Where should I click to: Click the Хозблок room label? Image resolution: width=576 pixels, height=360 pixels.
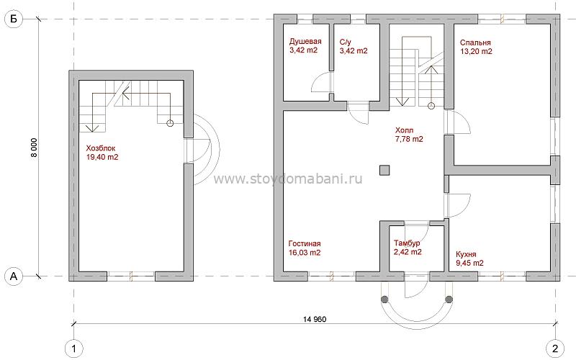tap(101, 148)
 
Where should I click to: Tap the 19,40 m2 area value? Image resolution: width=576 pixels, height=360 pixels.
tap(102, 158)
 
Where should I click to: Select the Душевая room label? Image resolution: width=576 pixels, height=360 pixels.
tap(305, 42)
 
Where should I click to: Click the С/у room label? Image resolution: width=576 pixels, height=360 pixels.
tap(346, 42)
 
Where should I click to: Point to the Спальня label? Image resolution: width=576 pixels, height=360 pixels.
tap(475, 42)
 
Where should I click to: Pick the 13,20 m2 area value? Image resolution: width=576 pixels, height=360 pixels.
tap(476, 51)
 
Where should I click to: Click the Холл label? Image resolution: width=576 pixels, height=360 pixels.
tap(404, 130)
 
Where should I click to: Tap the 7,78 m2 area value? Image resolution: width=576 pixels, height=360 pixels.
tap(409, 139)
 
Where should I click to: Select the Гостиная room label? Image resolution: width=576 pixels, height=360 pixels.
tap(305, 243)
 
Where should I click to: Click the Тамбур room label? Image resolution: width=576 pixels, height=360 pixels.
tap(407, 243)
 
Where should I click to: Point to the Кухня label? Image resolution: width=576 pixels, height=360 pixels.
tap(466, 254)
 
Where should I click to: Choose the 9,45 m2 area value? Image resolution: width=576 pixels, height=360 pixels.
tap(469, 263)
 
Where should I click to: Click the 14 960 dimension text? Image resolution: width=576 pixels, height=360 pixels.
tap(315, 319)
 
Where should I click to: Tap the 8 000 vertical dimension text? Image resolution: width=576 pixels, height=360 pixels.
tap(34, 148)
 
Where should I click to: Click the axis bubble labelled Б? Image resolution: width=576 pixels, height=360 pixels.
tap(14, 19)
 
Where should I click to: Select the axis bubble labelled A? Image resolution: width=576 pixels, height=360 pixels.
tap(14, 276)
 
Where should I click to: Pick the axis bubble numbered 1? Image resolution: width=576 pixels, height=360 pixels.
tap(74, 348)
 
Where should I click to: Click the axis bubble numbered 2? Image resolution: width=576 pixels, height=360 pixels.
tap(555, 348)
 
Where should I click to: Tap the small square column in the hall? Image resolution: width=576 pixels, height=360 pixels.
tap(384, 171)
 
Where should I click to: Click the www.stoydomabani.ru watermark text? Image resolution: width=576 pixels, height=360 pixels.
tap(288, 179)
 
